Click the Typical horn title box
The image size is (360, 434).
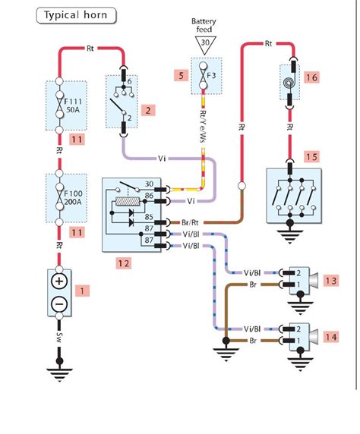click(x=76, y=15)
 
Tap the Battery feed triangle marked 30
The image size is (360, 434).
click(x=205, y=45)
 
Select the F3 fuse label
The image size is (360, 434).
click(x=211, y=75)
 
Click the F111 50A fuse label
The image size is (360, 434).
click(x=73, y=105)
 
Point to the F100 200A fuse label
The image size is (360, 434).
click(x=73, y=197)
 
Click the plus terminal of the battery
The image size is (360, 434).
click(x=59, y=281)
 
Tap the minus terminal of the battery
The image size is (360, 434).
click(x=59, y=304)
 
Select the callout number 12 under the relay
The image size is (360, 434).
click(x=124, y=263)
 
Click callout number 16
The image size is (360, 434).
click(x=312, y=77)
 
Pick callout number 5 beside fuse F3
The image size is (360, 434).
click(x=182, y=76)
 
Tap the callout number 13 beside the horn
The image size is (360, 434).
click(x=331, y=281)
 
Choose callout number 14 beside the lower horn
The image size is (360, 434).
click(x=331, y=337)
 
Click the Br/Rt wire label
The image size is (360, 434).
click(x=190, y=222)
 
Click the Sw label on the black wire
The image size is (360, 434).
click(x=59, y=337)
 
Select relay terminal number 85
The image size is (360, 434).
click(x=149, y=217)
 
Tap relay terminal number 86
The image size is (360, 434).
click(x=149, y=196)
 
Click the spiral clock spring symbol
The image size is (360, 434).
click(x=289, y=83)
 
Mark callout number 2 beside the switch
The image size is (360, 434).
click(x=148, y=111)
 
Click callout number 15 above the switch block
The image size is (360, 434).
click(x=312, y=157)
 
